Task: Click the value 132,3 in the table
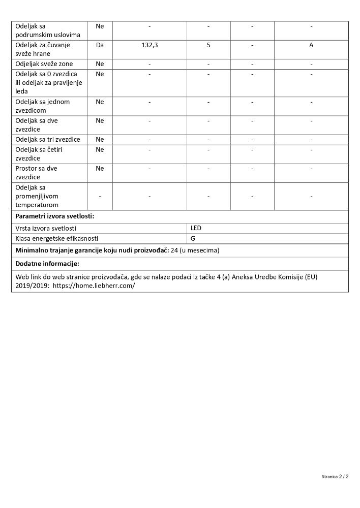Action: (149, 45)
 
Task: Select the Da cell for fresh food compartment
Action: (100, 45)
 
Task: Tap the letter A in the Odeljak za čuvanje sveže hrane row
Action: (311, 45)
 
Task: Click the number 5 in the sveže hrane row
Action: (208, 45)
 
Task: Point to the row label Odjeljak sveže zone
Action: (44, 64)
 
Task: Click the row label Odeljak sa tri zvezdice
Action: (48, 140)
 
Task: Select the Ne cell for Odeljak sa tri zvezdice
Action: (100, 140)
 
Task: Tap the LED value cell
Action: (196, 228)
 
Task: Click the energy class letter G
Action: (193, 238)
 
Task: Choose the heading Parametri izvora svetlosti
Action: (55, 216)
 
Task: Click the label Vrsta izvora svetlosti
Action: (49, 229)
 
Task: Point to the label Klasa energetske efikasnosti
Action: (57, 238)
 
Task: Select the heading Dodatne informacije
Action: (47, 264)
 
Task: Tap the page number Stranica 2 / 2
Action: (335, 477)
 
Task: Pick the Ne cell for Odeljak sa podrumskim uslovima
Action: (100, 26)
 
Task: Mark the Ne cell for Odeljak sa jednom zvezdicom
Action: (100, 102)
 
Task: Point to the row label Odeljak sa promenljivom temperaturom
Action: (44, 196)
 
